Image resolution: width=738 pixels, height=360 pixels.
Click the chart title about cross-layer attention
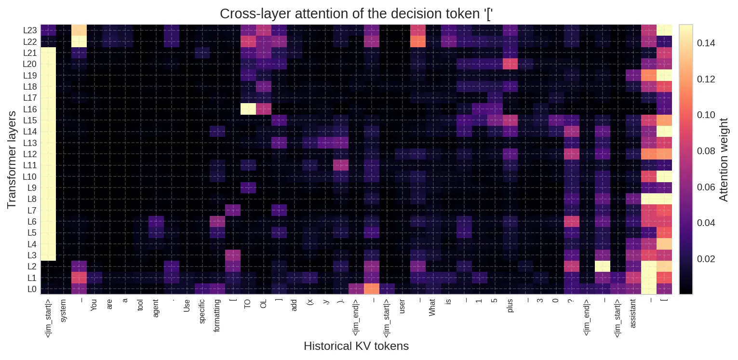356,13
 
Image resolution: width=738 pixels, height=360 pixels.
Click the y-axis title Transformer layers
12,160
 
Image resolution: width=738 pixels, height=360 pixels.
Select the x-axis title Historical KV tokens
356,346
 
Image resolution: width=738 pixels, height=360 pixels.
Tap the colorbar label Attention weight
724,160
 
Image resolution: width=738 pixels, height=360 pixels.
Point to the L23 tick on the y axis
30,30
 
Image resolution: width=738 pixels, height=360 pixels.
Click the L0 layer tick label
31,289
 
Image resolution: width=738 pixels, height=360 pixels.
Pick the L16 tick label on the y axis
30,109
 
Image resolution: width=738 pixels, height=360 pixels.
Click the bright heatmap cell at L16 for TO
248,109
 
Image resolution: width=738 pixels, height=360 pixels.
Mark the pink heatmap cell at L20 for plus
510,64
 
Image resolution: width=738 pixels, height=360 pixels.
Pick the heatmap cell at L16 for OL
263,109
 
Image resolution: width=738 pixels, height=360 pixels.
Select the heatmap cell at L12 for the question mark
571,154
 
